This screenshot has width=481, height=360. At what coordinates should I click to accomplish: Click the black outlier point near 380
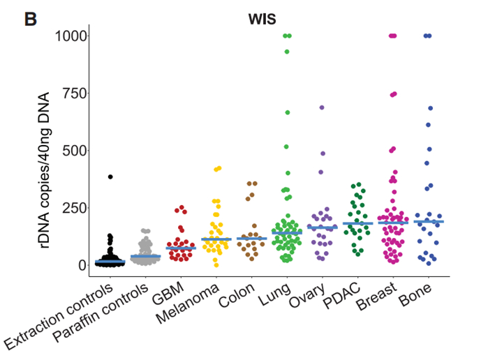click(x=110, y=177)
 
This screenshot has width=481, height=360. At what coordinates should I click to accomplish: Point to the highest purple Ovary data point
click(x=322, y=108)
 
